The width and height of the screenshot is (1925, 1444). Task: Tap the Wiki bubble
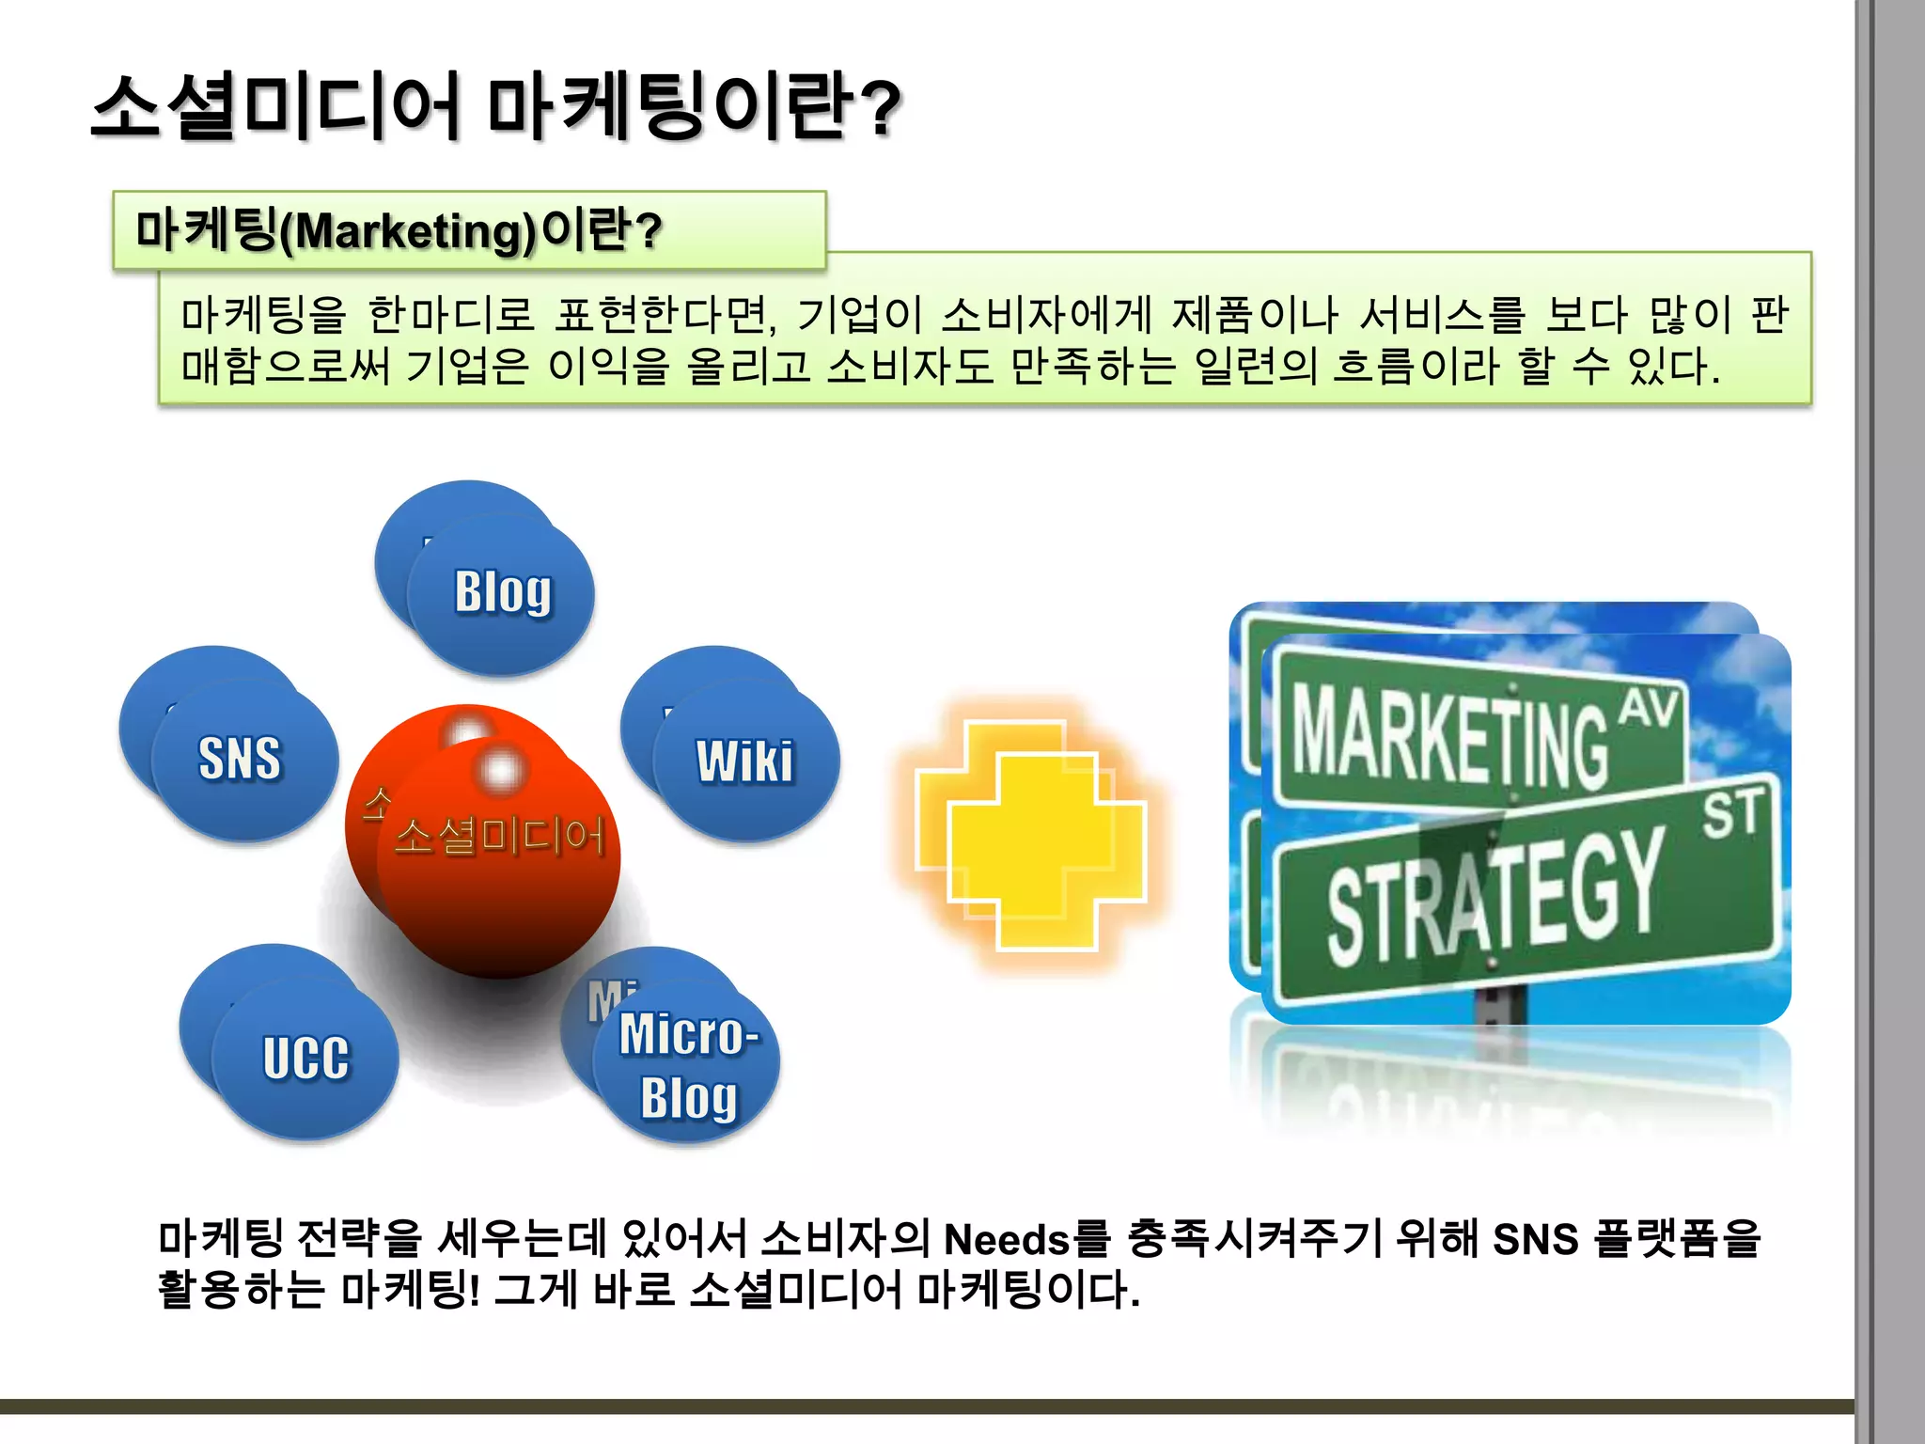745,761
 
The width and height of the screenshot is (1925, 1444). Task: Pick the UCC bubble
305,1059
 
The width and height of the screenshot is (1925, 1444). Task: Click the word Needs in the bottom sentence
1007,1240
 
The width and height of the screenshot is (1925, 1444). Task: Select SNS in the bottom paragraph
1535,1240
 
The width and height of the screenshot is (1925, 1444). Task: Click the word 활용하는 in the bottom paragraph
241,1290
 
